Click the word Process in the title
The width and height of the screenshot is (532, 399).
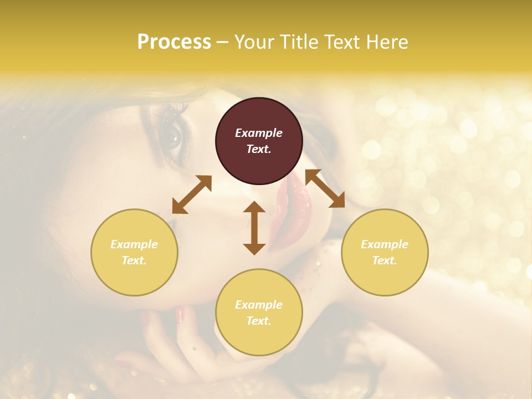174,42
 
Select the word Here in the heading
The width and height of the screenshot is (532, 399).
386,42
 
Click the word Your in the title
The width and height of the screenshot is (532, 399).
254,42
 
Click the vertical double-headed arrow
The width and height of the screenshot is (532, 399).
254,228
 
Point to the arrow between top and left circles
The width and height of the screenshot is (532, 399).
192,195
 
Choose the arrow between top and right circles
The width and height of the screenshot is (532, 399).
325,188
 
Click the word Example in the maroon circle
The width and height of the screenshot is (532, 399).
259,133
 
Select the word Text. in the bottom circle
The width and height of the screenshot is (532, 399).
259,321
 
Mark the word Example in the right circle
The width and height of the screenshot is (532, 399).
385,244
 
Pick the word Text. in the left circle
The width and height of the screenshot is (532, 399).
134,260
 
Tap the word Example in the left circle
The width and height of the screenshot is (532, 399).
134,244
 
